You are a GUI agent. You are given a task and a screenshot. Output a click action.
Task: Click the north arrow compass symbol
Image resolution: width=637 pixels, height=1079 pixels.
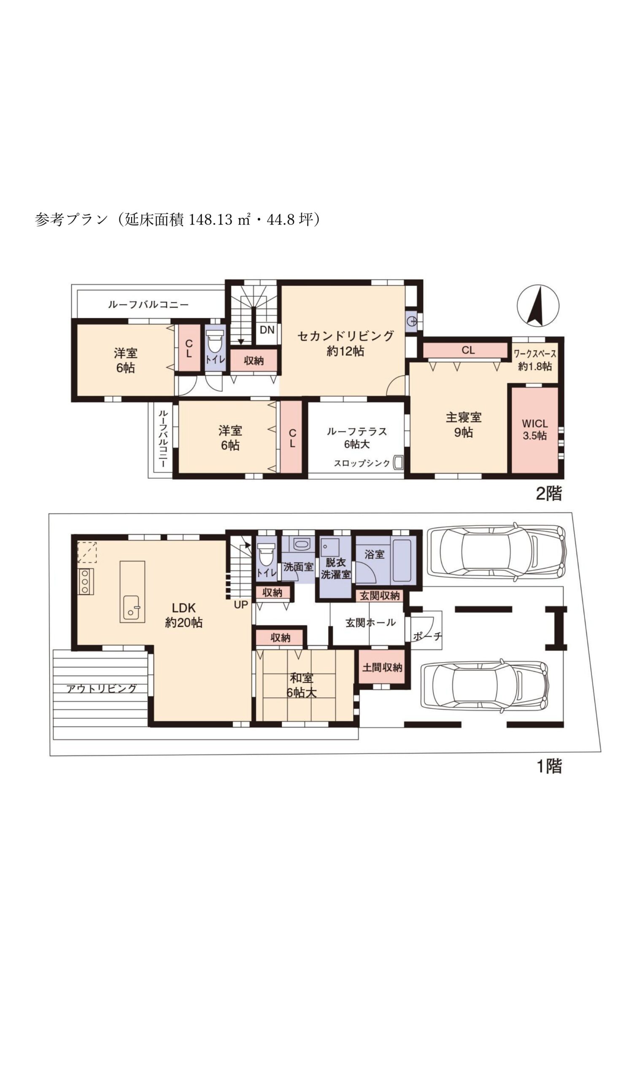pyautogui.click(x=538, y=306)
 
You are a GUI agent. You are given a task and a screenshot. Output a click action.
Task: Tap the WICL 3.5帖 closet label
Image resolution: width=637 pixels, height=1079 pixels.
pyautogui.click(x=535, y=430)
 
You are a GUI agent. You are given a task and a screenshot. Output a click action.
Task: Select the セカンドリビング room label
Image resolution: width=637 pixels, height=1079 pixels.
pyautogui.click(x=345, y=336)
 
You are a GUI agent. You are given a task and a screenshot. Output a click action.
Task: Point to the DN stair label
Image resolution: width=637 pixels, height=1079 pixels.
pyautogui.click(x=267, y=330)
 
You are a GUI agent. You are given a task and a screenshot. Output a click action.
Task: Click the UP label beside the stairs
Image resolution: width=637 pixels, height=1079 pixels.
pyautogui.click(x=241, y=605)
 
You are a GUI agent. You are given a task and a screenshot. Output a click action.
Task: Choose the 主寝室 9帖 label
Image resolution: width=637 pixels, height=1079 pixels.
pyautogui.click(x=464, y=424)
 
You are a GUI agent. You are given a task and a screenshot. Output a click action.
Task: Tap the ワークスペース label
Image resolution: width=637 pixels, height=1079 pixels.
pyautogui.click(x=535, y=354)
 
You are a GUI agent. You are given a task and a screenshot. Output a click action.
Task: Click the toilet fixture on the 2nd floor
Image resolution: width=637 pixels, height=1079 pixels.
pyautogui.click(x=215, y=341)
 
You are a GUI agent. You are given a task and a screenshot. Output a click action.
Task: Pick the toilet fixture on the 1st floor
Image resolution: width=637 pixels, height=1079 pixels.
pyautogui.click(x=266, y=555)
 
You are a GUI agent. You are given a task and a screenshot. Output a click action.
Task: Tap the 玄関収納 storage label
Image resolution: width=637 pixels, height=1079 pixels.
pyautogui.click(x=379, y=596)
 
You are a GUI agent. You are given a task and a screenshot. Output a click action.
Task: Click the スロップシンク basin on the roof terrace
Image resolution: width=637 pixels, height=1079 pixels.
pyautogui.click(x=398, y=463)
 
